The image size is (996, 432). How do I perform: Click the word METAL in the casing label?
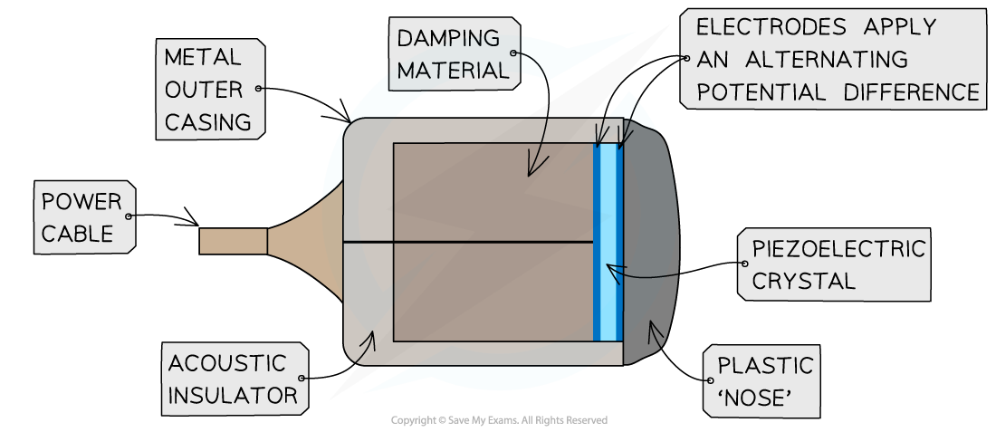(x=203, y=57)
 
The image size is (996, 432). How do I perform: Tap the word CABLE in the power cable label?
(x=77, y=234)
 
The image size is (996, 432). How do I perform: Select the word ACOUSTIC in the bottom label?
(x=227, y=363)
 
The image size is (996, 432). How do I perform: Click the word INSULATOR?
(x=232, y=395)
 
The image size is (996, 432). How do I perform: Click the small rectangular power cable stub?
(x=233, y=241)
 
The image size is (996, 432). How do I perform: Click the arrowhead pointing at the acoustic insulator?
(x=369, y=339)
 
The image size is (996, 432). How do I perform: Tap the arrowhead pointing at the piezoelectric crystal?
(x=611, y=268)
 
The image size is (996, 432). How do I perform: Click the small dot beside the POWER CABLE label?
(x=129, y=216)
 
